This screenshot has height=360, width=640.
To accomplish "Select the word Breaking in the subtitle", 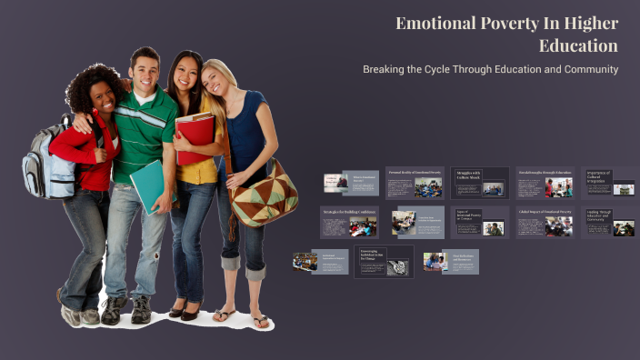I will coord(385,69).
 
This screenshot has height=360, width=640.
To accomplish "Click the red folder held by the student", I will coord(195,136).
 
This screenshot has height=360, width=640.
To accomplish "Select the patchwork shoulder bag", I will coord(263,193).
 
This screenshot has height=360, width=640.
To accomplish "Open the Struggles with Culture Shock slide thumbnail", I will coord(480,183).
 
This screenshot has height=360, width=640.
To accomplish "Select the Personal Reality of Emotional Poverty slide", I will coord(415,183).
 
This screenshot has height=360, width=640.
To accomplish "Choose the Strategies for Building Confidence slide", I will coord(349,222).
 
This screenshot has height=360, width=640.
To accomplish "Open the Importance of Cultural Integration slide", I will coord(610,183).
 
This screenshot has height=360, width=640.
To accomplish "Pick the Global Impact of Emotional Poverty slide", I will coord(545,222).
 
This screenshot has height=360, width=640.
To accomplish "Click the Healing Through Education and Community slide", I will coord(610,222).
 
